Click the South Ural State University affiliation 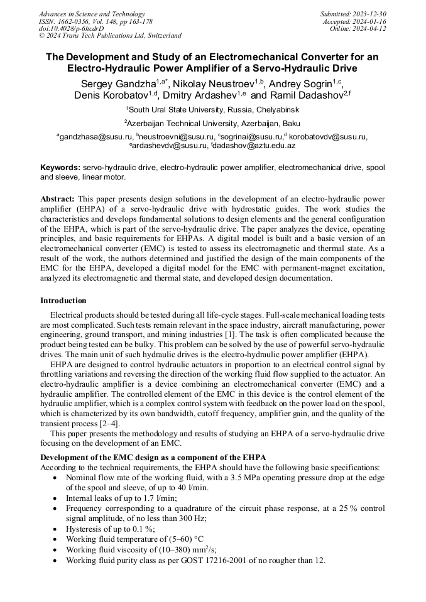(x=213, y=109)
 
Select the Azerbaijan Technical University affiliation (x=213, y=123)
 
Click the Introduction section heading (x=63, y=301)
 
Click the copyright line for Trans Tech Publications (x=111, y=36)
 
